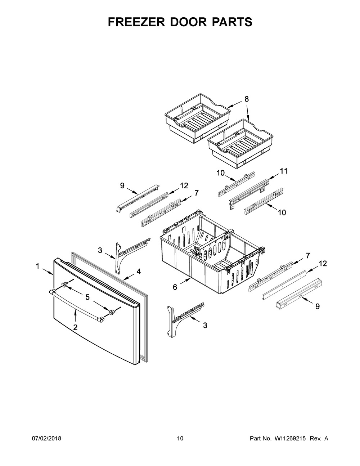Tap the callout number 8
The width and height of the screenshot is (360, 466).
point(247,99)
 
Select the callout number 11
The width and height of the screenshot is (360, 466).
point(284,171)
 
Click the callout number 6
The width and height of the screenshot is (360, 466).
point(175,287)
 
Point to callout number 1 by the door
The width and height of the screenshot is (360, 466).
point(37,266)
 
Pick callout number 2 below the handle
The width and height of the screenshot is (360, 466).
point(76,327)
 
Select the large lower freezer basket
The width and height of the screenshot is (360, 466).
point(212,252)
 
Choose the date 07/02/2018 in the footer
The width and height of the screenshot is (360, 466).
point(47,439)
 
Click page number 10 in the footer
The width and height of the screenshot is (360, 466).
point(180,439)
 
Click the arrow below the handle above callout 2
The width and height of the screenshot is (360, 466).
point(76,316)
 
